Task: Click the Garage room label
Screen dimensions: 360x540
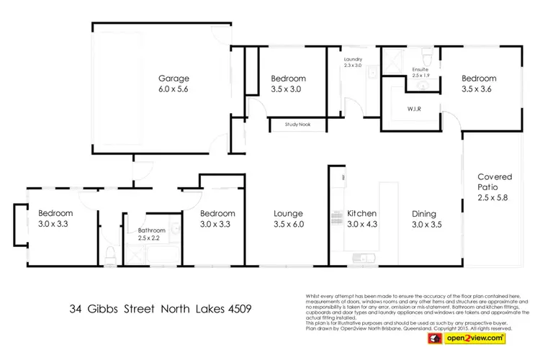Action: point(174,78)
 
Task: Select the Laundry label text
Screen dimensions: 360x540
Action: point(353,59)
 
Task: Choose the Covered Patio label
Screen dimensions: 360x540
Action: point(493,181)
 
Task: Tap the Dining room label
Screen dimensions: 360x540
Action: point(426,213)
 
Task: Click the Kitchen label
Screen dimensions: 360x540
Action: point(362,213)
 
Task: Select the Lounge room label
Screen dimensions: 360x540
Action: point(288,213)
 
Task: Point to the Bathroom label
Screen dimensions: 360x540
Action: point(151,230)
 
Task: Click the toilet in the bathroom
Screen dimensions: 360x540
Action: point(110,253)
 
